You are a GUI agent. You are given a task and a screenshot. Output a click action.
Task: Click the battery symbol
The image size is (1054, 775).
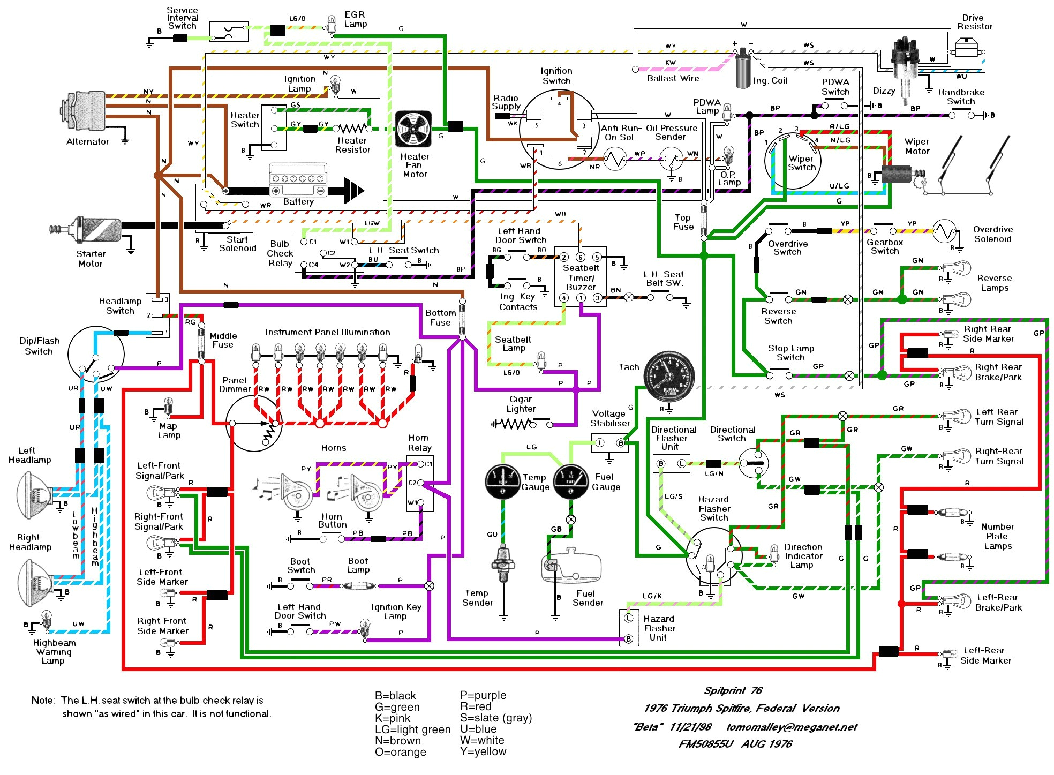298,181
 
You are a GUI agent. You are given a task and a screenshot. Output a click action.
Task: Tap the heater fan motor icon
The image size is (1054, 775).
413,130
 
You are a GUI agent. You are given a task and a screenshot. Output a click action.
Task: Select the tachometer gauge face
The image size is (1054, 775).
669,378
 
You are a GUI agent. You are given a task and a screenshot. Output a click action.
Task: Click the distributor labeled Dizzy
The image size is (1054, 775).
905,64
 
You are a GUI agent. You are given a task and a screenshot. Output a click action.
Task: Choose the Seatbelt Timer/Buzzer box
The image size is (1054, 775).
581,277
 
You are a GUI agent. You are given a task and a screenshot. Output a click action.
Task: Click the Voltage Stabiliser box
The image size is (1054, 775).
609,443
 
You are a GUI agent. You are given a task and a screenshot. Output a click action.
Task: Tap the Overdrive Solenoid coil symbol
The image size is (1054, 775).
944,231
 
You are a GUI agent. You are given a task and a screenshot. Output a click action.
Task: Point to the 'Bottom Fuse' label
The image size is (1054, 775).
440,318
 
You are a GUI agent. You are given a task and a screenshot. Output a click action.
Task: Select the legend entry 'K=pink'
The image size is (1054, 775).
393,718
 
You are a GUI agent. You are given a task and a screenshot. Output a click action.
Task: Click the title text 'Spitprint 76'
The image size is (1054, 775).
733,690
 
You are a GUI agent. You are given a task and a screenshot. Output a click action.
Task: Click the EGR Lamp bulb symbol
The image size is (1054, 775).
332,24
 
